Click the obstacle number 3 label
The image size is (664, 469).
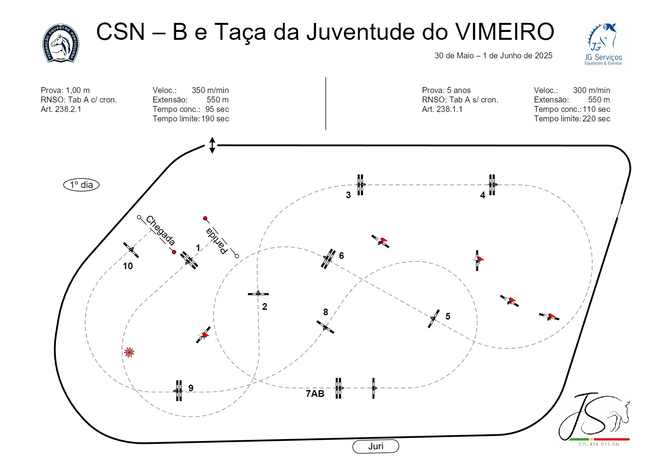coord(348,195)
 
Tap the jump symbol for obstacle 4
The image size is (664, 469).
coord(492,184)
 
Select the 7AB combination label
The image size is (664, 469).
coord(315,394)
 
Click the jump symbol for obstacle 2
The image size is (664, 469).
coord(258,294)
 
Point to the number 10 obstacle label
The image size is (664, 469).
coord(128,266)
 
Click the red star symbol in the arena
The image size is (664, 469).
coord(129,352)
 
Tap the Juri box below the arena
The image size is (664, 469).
coord(376,446)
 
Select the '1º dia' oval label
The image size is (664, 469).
coord(81,185)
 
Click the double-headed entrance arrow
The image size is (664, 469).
coord(212,145)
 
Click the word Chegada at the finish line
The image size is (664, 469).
coord(160,230)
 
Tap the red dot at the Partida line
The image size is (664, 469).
coord(205,218)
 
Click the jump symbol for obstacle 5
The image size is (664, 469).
coord(434,318)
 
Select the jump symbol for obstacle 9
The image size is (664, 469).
coord(179,391)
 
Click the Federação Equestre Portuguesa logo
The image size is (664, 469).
coord(61,43)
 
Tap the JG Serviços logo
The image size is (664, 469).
coord(603,45)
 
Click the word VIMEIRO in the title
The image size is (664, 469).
coord(505,32)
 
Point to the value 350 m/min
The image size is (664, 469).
coord(210,90)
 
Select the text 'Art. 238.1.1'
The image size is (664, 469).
coord(442,109)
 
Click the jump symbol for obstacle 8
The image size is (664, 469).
coord(325,327)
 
